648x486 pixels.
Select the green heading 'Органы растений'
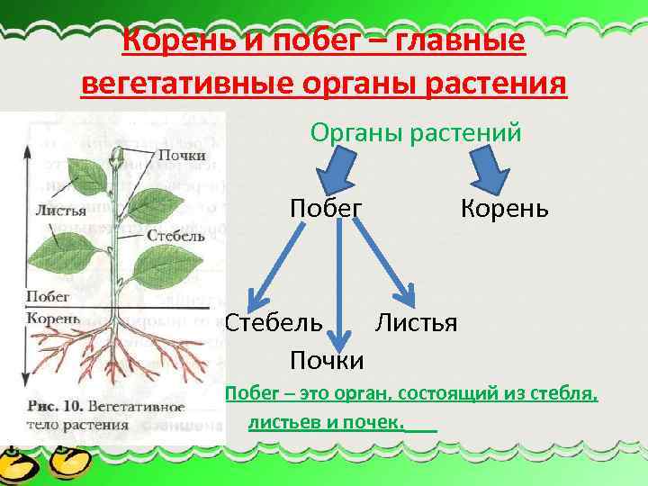[x=416, y=132]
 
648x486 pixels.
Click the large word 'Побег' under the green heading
[x=326, y=208]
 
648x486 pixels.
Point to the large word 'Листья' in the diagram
[x=416, y=321]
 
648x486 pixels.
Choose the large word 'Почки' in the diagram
[x=327, y=361]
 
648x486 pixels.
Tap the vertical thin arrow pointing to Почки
[x=340, y=288]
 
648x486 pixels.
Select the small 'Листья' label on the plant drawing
[x=59, y=211]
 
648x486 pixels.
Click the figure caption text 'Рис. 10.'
[x=53, y=406]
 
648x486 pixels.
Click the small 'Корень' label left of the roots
[x=53, y=318]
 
